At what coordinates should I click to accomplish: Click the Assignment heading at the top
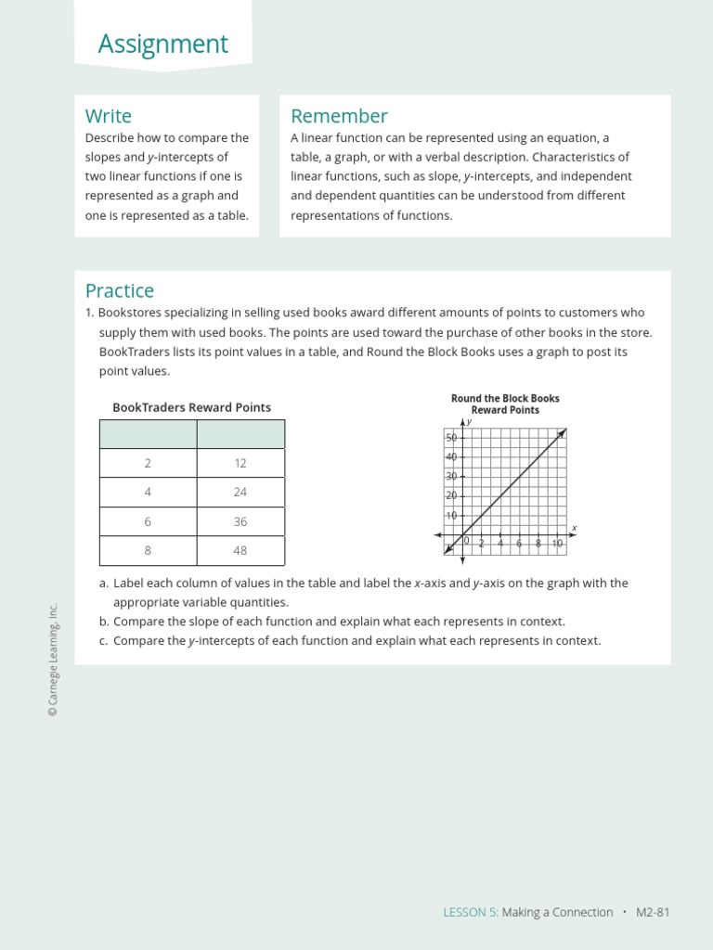tap(162, 44)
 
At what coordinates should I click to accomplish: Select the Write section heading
tap(109, 116)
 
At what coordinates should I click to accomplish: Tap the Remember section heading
tap(339, 116)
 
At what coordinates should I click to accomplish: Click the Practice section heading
tap(120, 290)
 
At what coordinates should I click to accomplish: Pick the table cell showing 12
tap(240, 463)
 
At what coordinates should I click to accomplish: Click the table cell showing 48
tap(240, 550)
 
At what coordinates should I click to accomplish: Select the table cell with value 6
tap(148, 521)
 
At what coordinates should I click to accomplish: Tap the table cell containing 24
tap(240, 493)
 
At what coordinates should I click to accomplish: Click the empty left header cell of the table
tap(148, 434)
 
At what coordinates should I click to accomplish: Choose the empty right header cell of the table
tap(240, 434)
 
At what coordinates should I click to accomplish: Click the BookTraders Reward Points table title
tap(191, 407)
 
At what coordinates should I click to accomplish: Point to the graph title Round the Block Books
tap(505, 399)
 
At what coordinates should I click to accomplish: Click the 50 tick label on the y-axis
tap(451, 438)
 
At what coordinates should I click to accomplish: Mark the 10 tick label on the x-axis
tap(557, 544)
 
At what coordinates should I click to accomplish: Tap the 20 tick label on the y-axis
tap(451, 495)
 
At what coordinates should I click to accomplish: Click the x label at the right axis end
tap(574, 528)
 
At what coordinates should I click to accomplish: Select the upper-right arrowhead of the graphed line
tap(563, 432)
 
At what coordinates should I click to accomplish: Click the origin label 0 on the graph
tap(467, 541)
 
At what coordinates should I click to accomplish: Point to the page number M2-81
tap(653, 912)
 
